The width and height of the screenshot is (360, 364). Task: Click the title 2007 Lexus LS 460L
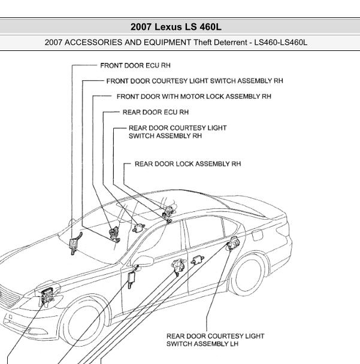(x=180, y=27)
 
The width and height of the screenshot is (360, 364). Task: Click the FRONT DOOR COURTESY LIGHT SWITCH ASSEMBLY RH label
(x=194, y=80)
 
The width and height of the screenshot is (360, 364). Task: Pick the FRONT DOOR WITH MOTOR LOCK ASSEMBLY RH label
(x=193, y=96)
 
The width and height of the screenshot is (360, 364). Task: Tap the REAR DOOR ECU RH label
(x=155, y=112)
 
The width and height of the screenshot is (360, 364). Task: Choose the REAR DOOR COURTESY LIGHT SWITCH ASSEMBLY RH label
(x=177, y=132)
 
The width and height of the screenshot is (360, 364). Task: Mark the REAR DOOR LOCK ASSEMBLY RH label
(x=187, y=163)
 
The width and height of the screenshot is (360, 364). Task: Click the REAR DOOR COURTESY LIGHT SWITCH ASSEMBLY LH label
(x=215, y=340)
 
